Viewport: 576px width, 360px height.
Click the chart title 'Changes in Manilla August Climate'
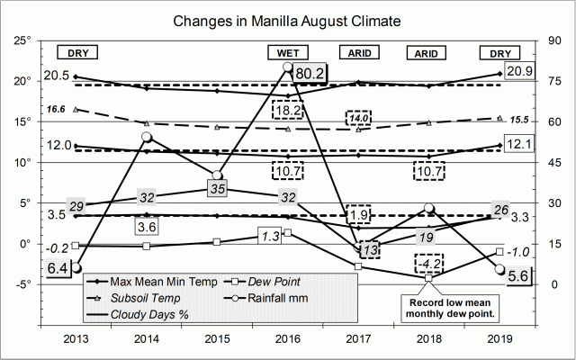(288, 18)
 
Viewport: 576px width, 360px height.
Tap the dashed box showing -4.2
(428, 265)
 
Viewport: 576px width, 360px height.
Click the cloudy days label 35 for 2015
(218, 189)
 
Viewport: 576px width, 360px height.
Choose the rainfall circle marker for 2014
(147, 137)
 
